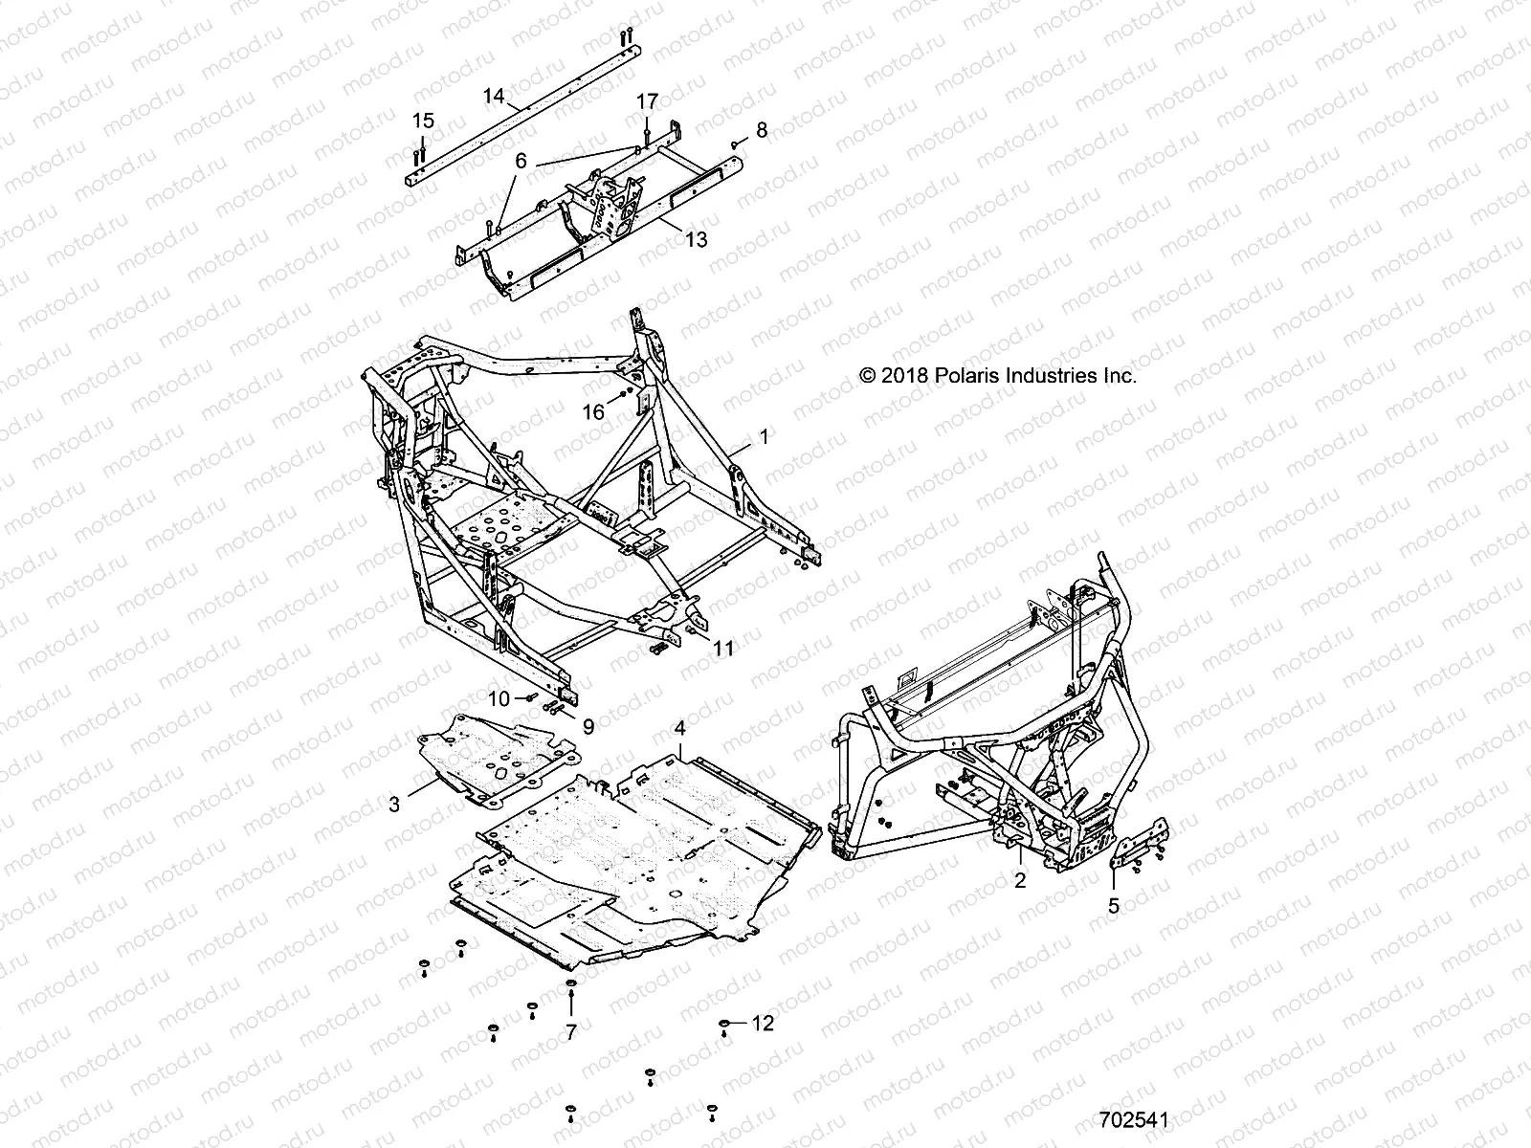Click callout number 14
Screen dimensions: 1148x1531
coord(494,96)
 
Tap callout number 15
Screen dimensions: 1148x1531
coord(423,121)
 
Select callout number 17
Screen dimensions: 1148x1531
coord(648,101)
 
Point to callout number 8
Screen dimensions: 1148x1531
coord(762,130)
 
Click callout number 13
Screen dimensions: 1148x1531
coord(697,239)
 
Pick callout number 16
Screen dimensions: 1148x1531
coord(593,411)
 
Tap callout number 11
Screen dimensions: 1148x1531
coord(723,649)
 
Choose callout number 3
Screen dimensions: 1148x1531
coord(394,805)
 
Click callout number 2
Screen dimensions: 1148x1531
coord(1020,880)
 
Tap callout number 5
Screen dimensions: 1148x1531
coord(1113,906)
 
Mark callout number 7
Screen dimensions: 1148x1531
coord(571,1031)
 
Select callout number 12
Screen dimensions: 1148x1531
coord(763,1024)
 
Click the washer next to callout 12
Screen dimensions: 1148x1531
coord(726,1024)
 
